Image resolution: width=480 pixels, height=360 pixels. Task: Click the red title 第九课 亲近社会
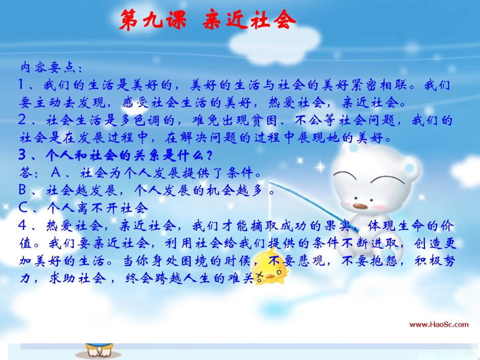pyautogui.click(x=208, y=21)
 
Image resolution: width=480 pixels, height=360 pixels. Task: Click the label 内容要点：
pyautogui.click(x=50, y=68)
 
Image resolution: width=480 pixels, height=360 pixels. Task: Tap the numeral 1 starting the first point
pyautogui.click(x=22, y=84)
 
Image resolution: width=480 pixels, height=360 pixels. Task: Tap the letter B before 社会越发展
pyautogui.click(x=23, y=190)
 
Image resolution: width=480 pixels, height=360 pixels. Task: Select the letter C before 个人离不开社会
pyautogui.click(x=23, y=208)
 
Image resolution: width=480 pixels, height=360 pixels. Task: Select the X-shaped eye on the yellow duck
pyautogui.click(x=261, y=276)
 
